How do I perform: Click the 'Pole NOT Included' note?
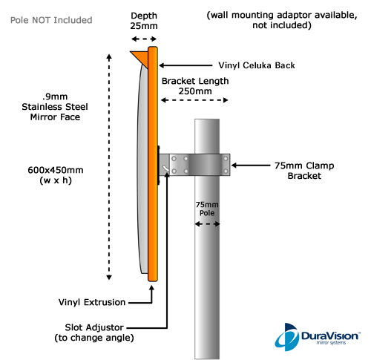(51, 20)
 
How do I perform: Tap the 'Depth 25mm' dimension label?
(144, 21)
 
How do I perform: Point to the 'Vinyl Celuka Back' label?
(257, 65)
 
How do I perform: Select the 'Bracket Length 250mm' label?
(195, 86)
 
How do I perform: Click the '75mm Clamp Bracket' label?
(304, 171)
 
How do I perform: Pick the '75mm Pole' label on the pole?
(207, 209)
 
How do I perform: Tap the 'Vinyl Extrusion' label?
(92, 302)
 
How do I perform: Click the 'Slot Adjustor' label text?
(94, 327)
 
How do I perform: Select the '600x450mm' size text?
(56, 170)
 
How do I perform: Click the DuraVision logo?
(318, 337)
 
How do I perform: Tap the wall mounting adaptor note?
(282, 20)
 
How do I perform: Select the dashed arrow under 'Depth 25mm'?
(144, 39)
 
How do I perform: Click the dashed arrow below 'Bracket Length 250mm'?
(194, 100)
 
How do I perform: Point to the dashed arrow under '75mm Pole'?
(207, 224)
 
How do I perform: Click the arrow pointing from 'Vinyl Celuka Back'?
(185, 65)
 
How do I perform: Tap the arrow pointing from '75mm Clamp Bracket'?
(251, 166)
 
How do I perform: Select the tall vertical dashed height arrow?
(109, 167)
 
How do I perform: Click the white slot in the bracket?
(165, 168)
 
